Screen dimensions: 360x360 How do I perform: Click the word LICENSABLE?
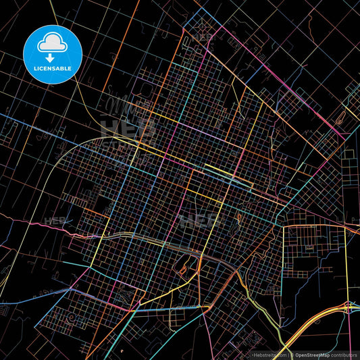click(53, 68)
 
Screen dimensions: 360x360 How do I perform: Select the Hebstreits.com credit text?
click(270, 354)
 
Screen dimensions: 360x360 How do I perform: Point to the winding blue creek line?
click(304, 270)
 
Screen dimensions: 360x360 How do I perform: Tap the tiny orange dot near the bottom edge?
click(122, 351)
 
